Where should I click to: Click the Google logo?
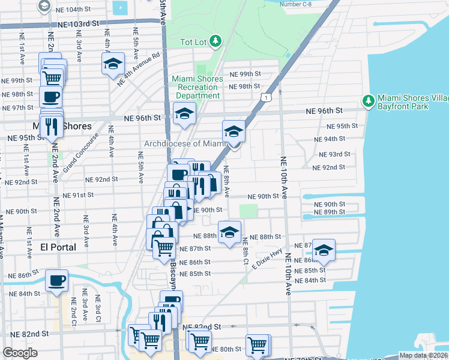(20, 353)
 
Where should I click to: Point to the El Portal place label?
(58, 247)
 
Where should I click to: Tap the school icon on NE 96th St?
(185, 113)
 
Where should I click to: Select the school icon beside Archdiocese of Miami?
(234, 131)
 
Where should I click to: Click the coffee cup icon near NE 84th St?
(56, 280)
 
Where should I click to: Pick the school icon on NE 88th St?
(229, 232)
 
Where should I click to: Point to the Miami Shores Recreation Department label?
(197, 87)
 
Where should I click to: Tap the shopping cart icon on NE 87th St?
(164, 248)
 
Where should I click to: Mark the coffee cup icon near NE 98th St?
(51, 97)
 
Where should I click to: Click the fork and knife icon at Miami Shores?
(52, 126)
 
